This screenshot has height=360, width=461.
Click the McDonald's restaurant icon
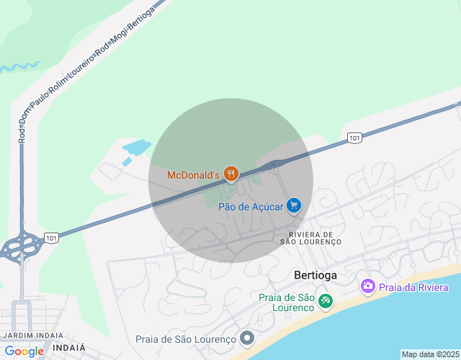(230, 174)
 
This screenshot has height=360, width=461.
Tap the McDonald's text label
(192, 175)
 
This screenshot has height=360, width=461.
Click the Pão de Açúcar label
(251, 207)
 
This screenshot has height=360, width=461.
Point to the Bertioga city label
(315, 275)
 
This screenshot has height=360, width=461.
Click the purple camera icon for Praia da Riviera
(368, 287)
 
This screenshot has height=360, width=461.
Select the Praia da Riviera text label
(408, 287)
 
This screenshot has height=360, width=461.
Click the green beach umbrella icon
(326, 300)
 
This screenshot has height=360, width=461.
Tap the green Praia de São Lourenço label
(286, 302)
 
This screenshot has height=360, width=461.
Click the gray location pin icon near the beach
(247, 338)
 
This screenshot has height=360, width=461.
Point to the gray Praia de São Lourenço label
(186, 339)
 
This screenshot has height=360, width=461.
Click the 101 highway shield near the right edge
(354, 138)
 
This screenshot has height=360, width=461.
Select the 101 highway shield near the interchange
(50, 238)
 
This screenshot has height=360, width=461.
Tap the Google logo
(24, 351)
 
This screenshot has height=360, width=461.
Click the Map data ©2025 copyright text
(430, 354)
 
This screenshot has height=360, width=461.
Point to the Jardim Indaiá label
(32, 336)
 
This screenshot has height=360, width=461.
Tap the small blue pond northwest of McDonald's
(135, 149)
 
